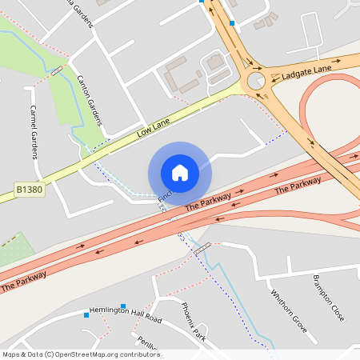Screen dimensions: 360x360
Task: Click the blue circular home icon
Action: point(179,172)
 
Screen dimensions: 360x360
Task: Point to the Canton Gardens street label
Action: point(90,100)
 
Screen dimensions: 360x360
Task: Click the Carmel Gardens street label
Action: point(34,131)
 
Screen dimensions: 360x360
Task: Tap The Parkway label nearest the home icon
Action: point(208,201)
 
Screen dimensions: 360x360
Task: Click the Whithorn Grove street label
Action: point(288,310)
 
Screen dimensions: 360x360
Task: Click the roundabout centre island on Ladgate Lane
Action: point(256,81)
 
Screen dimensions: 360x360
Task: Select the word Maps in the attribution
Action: point(12,354)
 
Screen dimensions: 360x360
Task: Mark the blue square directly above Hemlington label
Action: point(124,306)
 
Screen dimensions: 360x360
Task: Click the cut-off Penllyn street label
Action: point(149,345)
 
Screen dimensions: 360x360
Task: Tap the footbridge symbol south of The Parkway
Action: point(202,248)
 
